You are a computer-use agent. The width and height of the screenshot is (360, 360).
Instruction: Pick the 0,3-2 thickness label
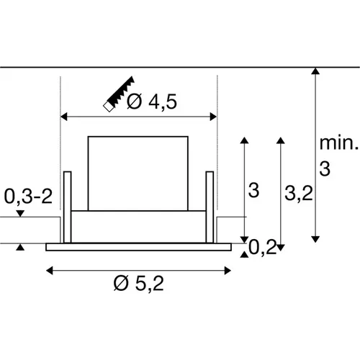(28, 196)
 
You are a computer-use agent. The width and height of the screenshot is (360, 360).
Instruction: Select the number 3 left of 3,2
(253, 191)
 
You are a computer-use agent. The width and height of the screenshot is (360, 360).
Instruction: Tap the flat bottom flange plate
(139, 247)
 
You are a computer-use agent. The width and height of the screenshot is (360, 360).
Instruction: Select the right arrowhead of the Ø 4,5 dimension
(213, 115)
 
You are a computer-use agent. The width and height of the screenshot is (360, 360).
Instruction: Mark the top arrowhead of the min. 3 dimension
(315, 71)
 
